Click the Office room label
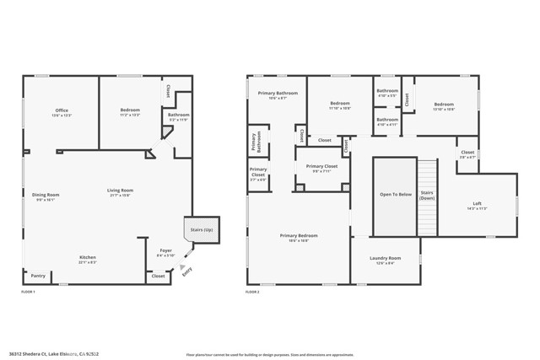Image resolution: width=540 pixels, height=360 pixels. click(x=62, y=112)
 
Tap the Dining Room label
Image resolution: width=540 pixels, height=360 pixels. click(x=46, y=196)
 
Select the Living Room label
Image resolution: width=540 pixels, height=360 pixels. click(x=120, y=192)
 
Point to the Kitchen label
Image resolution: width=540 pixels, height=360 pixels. click(x=88, y=259)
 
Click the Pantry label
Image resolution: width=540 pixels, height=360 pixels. click(x=38, y=276)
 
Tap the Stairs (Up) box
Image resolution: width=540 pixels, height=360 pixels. click(x=201, y=229)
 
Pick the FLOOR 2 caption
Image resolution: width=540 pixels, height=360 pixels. click(x=252, y=292)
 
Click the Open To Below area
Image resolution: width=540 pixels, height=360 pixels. click(x=395, y=196)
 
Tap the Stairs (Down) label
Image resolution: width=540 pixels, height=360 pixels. click(x=427, y=196)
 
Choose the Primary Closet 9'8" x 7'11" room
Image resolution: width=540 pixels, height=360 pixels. click(x=321, y=169)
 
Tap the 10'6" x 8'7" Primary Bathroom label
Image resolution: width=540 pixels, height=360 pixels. click(x=273, y=95)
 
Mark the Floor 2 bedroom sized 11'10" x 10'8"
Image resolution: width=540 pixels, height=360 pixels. click(x=340, y=106)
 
